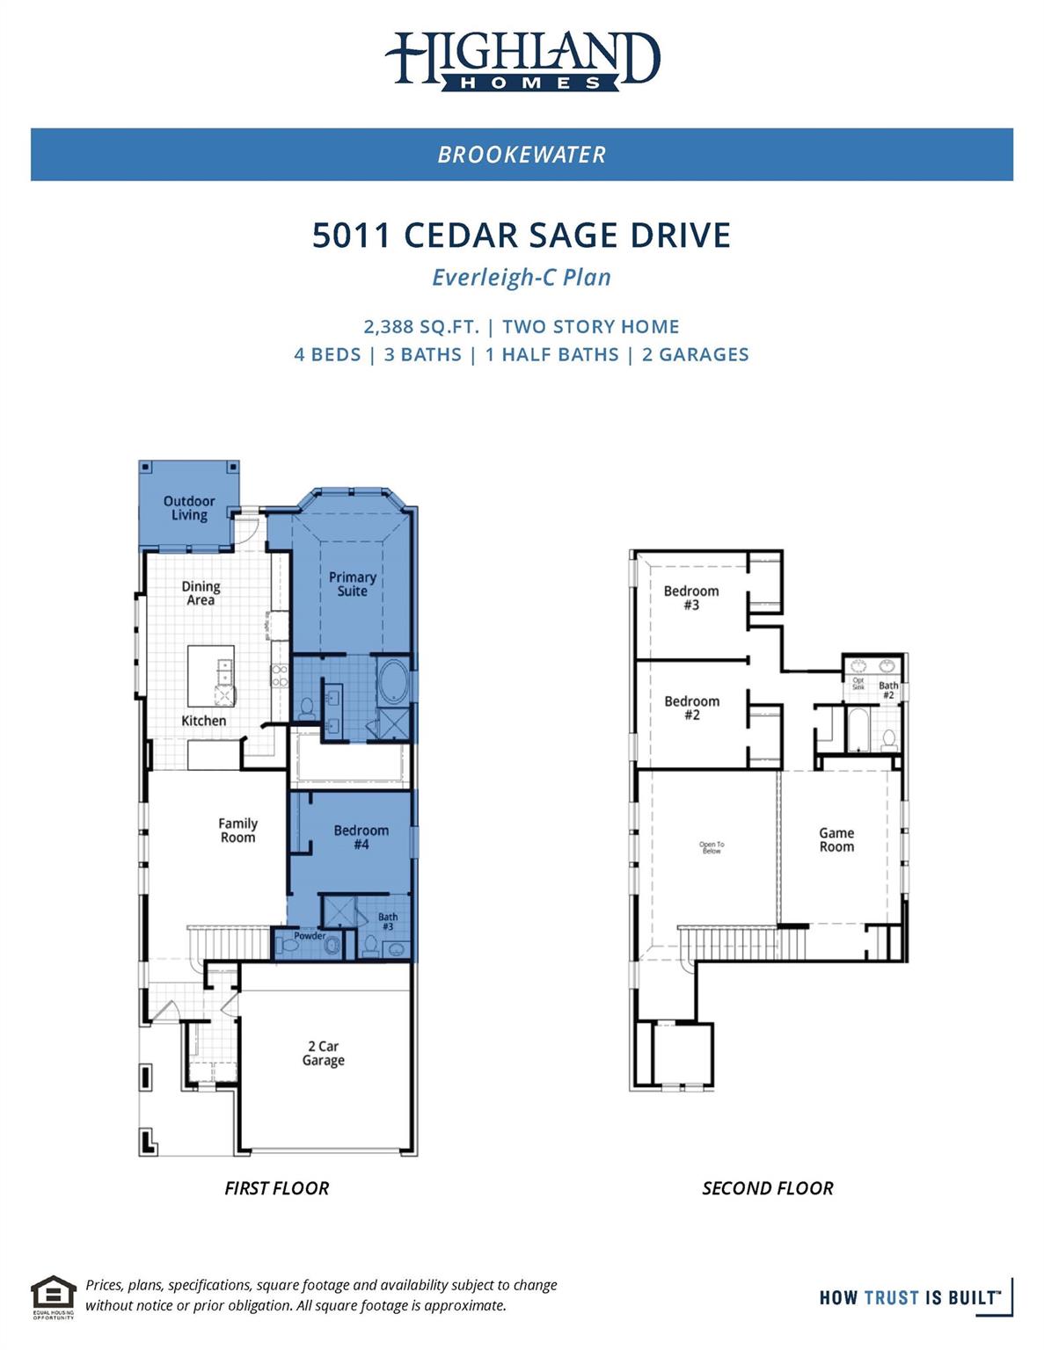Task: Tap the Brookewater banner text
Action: (522, 155)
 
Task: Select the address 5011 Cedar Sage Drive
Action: (522, 236)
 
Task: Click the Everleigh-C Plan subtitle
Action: (522, 278)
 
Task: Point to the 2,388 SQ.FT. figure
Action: (421, 327)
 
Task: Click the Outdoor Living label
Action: (189, 508)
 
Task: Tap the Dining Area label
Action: (201, 593)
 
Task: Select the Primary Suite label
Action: (352, 584)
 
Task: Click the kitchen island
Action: (211, 674)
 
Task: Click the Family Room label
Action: (237, 831)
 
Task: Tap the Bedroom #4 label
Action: (361, 838)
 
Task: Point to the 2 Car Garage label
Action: (323, 1053)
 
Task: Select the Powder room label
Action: (310, 936)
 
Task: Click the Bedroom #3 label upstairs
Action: (691, 598)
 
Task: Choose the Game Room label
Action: (836, 839)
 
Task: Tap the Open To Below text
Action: (712, 847)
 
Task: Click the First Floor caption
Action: (276, 1188)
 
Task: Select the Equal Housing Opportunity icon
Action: (54, 1296)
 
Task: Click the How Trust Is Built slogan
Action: (909, 1297)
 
